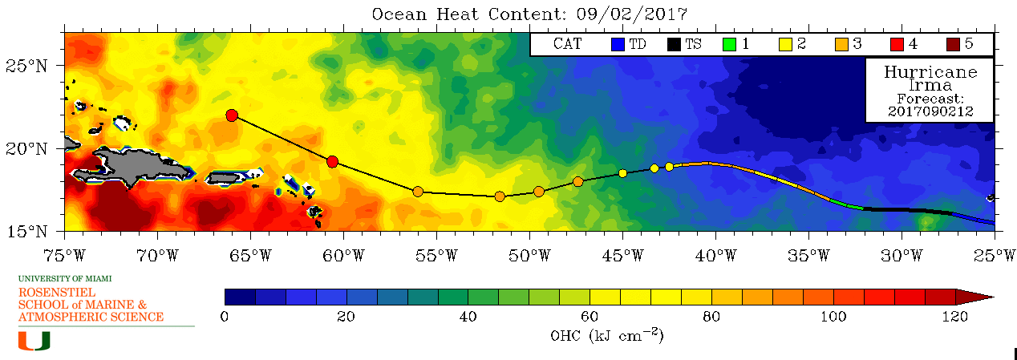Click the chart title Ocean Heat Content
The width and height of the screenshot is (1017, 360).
(529, 14)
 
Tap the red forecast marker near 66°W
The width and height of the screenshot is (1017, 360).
(232, 115)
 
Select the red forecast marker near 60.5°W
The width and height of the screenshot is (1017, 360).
(333, 162)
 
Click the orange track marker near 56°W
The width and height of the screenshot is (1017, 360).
(418, 192)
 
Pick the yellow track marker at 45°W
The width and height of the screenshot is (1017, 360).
(622, 173)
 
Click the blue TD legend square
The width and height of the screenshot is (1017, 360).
(617, 45)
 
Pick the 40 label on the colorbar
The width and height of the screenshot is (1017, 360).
(468, 317)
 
